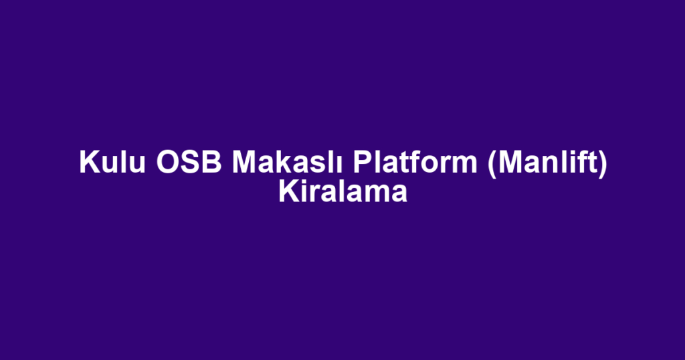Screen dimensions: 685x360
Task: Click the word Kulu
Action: pyautogui.click(x=112, y=162)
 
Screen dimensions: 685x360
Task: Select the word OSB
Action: pyautogui.click(x=189, y=162)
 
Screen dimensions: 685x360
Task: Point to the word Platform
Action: pyautogui.click(x=415, y=162)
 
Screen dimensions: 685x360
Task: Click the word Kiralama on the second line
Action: pyautogui.click(x=343, y=192)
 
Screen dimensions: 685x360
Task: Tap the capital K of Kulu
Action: pyautogui.click(x=90, y=162)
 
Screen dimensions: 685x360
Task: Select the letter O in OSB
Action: pyautogui.click(x=168, y=162)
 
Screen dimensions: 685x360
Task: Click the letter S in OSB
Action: pyautogui.click(x=191, y=162)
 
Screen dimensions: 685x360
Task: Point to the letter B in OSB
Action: pyautogui.click(x=213, y=162)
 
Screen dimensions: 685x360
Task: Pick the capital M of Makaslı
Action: pyautogui.click(x=244, y=162)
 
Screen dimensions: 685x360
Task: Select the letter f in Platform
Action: pyautogui.click(x=411, y=162)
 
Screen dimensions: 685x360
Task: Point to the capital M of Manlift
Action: pyautogui.click(x=510, y=162)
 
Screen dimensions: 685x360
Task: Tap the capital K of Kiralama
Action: pyautogui.click(x=289, y=192)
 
